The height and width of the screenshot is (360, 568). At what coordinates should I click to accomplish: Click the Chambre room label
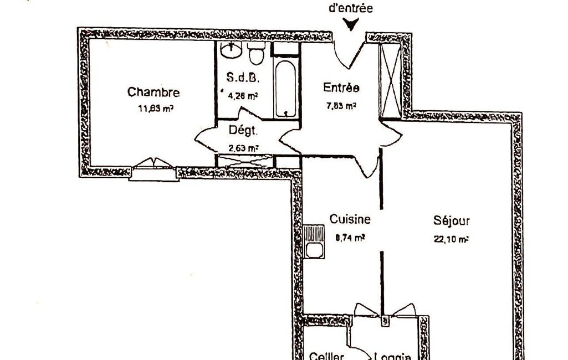(153, 92)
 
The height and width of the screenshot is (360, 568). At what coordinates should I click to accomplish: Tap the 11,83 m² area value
(156, 109)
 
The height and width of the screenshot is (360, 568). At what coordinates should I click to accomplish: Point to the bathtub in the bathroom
(286, 88)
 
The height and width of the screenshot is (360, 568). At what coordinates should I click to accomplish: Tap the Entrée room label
(341, 88)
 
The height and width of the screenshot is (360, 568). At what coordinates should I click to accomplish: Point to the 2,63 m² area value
(243, 148)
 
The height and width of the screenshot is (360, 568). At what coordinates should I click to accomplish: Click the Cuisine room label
(350, 219)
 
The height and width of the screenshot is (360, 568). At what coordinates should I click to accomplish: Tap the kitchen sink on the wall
(315, 240)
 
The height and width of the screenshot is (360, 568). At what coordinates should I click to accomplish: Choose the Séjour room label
(452, 222)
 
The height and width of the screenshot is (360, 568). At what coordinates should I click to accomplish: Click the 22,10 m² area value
(451, 239)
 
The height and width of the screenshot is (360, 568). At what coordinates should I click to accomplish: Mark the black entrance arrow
(351, 25)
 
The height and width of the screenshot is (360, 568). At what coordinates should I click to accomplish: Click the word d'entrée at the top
(351, 8)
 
